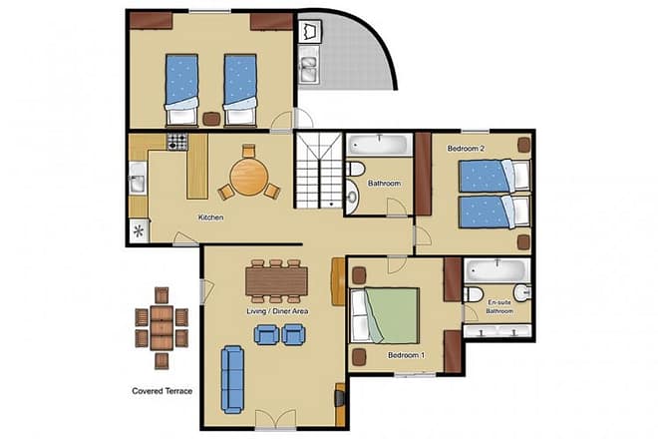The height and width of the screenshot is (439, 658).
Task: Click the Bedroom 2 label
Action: point(466,149)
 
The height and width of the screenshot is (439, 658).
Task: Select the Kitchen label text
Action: point(210,218)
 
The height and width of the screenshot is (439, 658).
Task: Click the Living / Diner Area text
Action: point(276,312)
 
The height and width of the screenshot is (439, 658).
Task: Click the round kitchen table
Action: point(248,179)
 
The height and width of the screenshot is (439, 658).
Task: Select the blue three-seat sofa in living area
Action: point(233,379)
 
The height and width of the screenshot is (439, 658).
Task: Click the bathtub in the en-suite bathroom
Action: point(495,270)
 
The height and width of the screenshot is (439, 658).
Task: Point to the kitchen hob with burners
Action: point(177,142)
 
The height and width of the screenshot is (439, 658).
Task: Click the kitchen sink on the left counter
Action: point(137,184)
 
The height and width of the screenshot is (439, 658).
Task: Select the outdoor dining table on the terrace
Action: point(161,319)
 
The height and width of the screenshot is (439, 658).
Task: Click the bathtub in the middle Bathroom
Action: point(380,144)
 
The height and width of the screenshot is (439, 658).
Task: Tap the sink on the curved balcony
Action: point(309,67)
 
